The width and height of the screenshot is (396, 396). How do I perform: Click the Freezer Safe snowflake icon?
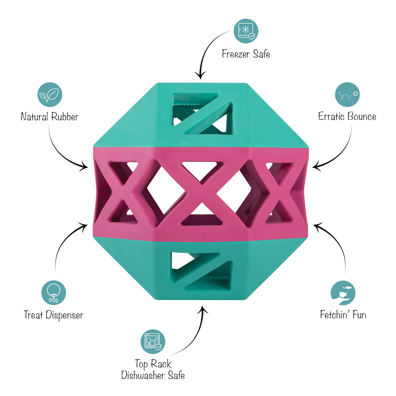(246, 31)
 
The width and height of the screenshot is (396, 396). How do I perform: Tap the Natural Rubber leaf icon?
(50, 95)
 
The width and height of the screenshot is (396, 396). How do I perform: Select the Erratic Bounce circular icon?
(347, 95)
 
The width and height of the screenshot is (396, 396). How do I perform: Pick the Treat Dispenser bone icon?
(53, 293)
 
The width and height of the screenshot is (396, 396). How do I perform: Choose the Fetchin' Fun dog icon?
(343, 293)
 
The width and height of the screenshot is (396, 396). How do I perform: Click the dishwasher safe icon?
(153, 342)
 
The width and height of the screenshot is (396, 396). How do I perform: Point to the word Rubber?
(65, 117)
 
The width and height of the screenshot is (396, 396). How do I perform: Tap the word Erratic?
(331, 116)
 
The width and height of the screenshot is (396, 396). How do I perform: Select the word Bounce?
(362, 116)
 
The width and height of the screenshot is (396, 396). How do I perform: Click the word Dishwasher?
(143, 375)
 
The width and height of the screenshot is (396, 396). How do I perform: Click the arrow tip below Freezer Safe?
(200, 79)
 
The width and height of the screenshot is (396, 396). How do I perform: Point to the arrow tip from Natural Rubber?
(88, 167)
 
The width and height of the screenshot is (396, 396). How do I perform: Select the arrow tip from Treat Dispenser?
(87, 225)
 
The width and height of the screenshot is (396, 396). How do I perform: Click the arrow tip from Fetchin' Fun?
(314, 225)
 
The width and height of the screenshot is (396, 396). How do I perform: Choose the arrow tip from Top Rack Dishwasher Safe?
(202, 306)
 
